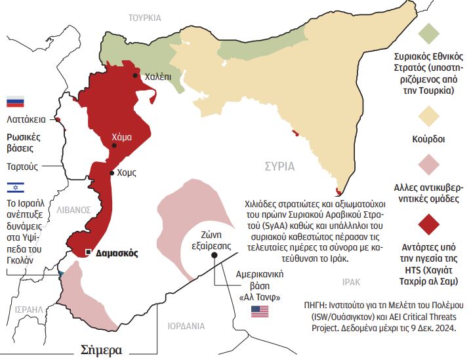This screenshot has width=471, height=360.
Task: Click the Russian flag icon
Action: coord(14,102)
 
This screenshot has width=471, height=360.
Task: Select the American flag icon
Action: coord(260,311)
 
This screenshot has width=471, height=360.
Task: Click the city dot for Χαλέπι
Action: coord(135,76)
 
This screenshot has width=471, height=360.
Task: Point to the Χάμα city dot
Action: coord(115,146)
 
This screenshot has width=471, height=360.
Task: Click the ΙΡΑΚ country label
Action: coord(351,281)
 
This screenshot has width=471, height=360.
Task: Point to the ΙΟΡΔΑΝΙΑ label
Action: coord(186,325)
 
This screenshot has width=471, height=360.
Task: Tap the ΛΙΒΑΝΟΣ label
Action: coord(73,210)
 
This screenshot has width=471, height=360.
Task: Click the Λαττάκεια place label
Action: coord(26,120)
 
